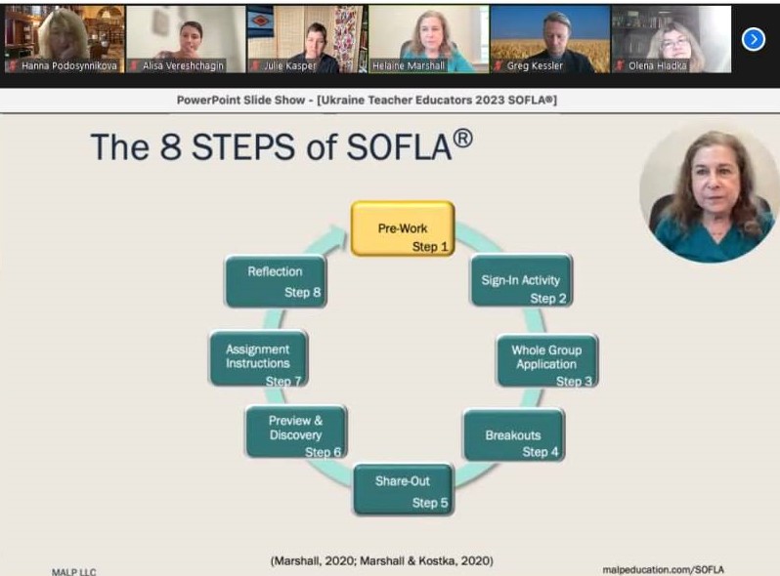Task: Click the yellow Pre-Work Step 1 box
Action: click(403, 228)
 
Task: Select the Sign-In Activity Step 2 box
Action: click(521, 280)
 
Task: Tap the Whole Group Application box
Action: click(547, 360)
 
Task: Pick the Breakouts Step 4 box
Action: click(514, 434)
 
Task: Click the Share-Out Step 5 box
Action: click(403, 489)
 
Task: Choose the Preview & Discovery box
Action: click(296, 432)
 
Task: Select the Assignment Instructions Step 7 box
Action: click(259, 358)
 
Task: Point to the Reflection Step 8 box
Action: click(276, 281)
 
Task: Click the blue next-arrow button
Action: click(754, 39)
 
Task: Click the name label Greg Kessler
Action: click(535, 65)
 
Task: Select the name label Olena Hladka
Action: click(657, 65)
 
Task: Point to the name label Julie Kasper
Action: click(290, 65)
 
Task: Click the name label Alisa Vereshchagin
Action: click(183, 65)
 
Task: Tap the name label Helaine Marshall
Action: click(409, 65)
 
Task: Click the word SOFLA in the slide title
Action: click(399, 147)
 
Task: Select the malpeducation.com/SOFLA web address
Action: click(663, 569)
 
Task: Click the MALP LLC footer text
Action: click(73, 572)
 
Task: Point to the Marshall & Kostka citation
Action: click(426, 560)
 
